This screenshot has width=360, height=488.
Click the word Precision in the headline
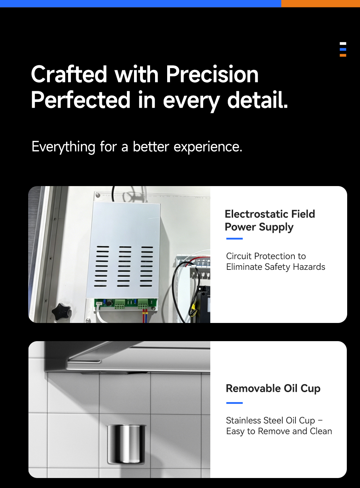point(212,75)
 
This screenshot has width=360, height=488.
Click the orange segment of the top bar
point(320,4)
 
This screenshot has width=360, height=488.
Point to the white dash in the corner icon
point(343,43)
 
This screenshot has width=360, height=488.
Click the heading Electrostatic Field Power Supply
point(270,220)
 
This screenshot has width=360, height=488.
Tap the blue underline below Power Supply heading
point(234,238)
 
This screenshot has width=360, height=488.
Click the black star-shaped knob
point(62,312)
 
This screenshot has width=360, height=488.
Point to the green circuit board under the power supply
point(126,304)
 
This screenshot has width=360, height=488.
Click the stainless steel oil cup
point(126,445)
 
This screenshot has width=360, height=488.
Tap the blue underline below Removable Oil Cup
point(234,403)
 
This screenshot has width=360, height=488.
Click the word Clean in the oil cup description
point(321,431)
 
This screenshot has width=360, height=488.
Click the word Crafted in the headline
point(69,75)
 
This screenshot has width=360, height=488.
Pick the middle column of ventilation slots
point(124,266)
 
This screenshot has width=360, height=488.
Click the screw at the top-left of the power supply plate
point(98,195)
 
